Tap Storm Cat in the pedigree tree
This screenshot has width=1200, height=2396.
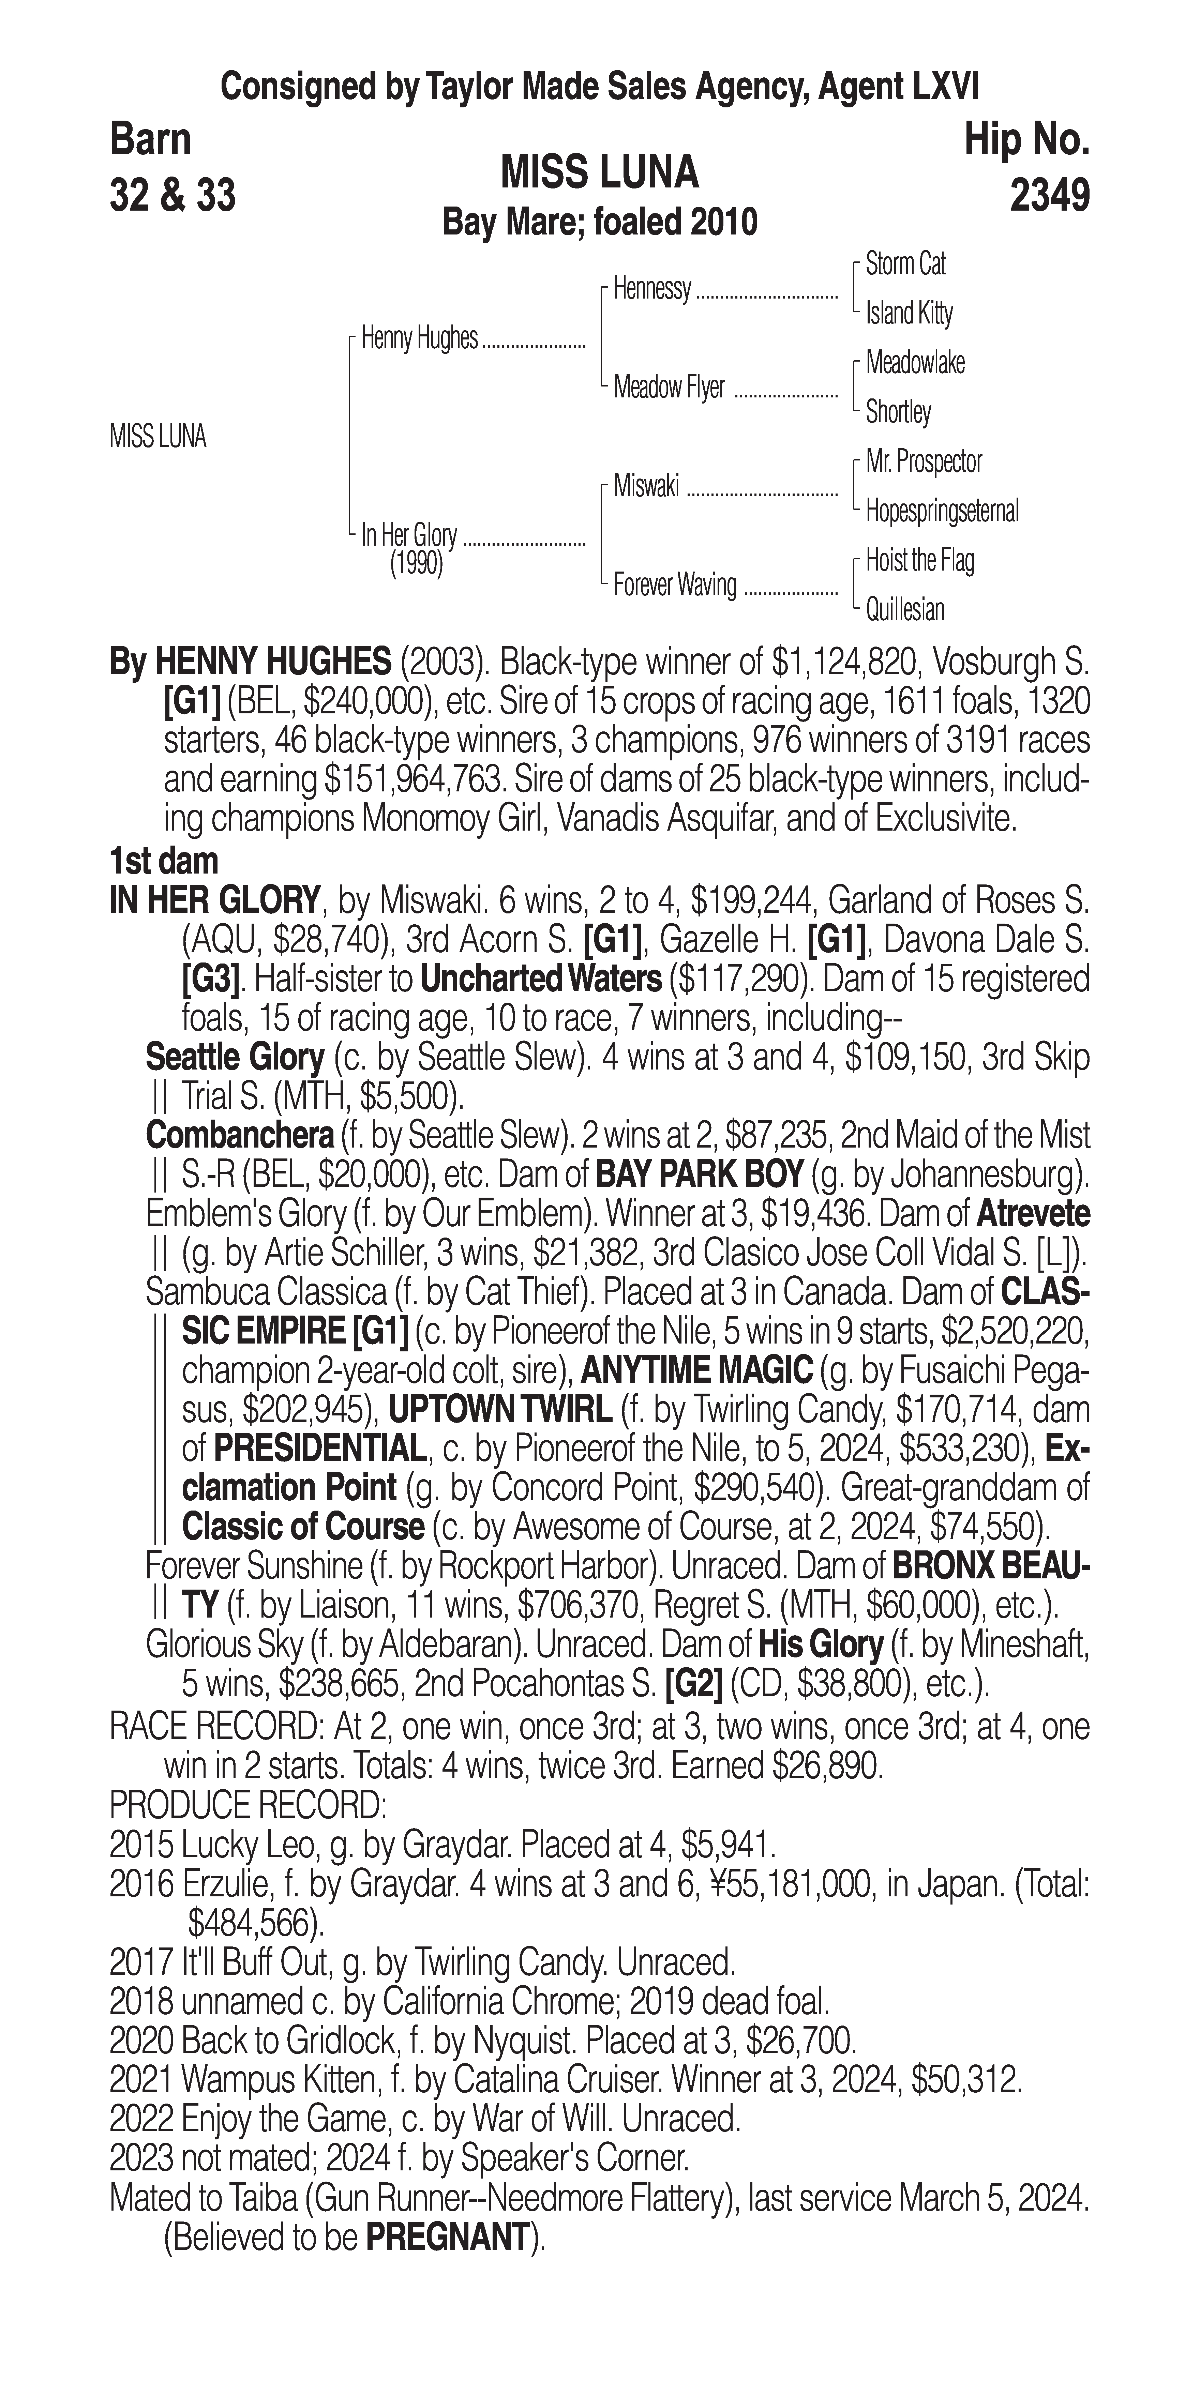(x=905, y=264)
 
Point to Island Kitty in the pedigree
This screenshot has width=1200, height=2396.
(x=909, y=314)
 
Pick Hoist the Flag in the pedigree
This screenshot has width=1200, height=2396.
(x=919, y=561)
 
